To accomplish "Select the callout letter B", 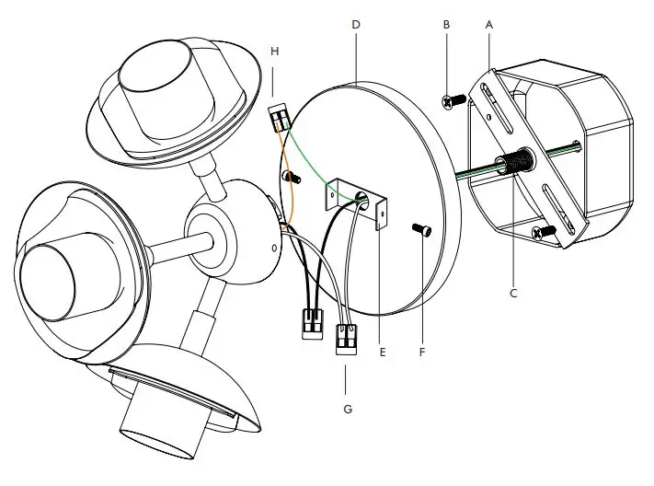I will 446,26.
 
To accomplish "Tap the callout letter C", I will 514,294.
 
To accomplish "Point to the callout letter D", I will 355,26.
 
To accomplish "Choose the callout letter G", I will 348,406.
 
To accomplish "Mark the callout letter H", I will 274,52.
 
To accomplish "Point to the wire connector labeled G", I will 348,339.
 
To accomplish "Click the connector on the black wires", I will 312,322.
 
